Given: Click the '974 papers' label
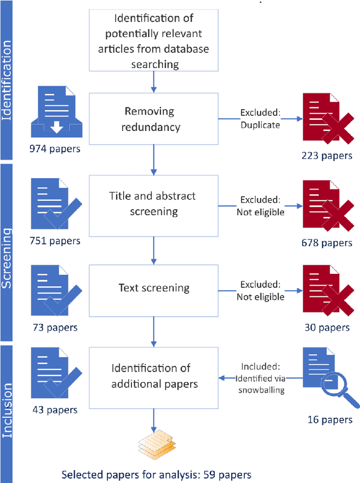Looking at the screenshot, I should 55,150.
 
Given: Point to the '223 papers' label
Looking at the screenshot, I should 326,156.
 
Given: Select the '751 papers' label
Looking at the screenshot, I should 55,241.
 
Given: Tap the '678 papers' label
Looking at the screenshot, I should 326,243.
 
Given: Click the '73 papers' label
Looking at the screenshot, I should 55,327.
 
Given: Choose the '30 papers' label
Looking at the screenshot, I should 326,327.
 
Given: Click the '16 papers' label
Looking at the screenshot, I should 330,419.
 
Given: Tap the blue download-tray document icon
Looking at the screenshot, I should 55,114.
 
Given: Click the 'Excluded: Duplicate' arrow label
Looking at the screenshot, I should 260,119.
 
